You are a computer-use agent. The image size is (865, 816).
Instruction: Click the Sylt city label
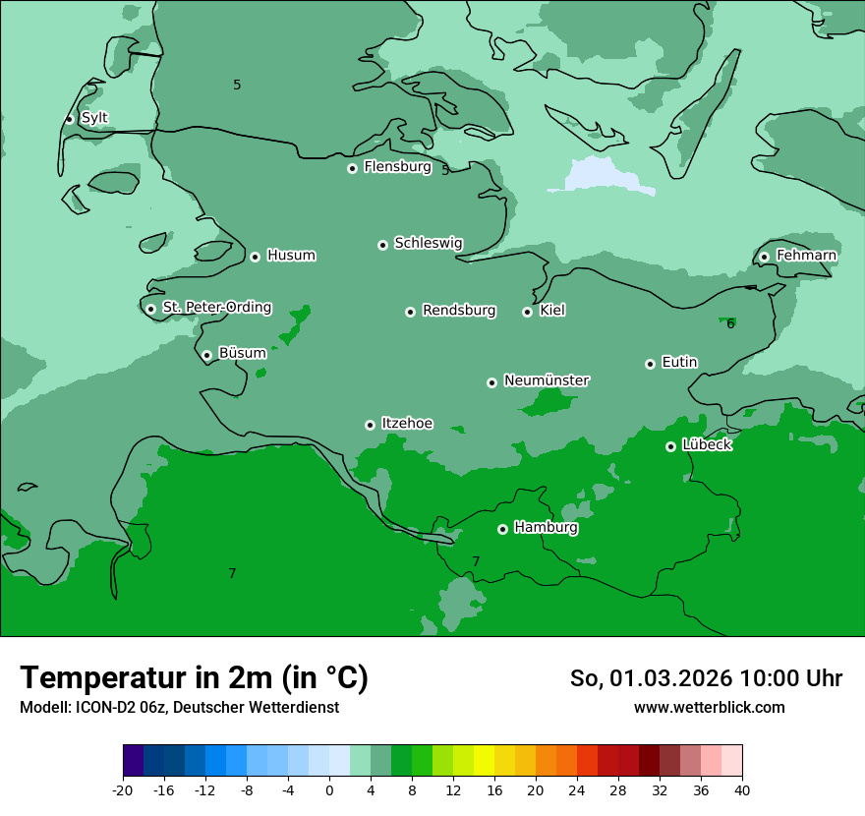[94, 118]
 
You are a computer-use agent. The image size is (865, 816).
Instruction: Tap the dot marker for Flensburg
[352, 168]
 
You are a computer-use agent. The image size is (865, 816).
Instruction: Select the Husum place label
[291, 256]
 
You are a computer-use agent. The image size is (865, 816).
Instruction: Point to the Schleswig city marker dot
[383, 245]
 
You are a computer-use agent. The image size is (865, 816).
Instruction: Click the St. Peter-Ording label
[217, 308]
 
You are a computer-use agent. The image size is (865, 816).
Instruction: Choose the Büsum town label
[242, 353]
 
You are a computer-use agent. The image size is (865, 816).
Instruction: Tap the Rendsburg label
[459, 311]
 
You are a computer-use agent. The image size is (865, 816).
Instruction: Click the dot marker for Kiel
[527, 312]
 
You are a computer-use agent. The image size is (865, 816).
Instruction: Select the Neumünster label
[547, 380]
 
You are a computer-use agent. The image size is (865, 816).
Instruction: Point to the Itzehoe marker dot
[370, 425]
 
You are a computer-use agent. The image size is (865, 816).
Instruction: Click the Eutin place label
[679, 363]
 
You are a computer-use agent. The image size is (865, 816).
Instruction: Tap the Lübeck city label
[707, 445]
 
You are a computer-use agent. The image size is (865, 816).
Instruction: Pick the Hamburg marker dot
[502, 529]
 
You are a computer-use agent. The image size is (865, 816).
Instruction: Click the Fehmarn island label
[806, 256]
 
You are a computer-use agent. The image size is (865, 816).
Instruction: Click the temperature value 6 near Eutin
[730, 324]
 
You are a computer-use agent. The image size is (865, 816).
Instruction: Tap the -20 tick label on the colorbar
[123, 790]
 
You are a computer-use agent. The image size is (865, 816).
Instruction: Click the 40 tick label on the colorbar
[742, 790]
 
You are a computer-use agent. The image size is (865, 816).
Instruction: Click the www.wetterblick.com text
[709, 708]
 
